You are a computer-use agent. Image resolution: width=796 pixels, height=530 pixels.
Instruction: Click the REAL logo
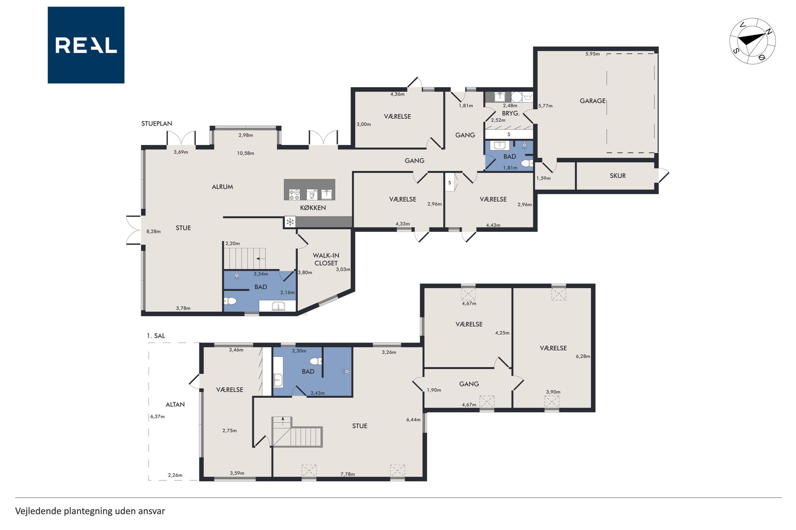tap(86, 45)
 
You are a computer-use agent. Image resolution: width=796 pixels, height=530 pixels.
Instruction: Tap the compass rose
tap(752, 41)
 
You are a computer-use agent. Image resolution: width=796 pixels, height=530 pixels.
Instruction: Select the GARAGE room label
tap(592, 101)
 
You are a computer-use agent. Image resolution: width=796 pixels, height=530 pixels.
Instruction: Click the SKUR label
tap(618, 176)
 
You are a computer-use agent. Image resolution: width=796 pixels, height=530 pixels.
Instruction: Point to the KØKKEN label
tap(313, 208)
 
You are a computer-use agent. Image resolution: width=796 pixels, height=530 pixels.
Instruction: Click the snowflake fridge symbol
tap(290, 222)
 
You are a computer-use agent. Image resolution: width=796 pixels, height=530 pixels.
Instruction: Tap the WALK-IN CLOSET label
tap(326, 259)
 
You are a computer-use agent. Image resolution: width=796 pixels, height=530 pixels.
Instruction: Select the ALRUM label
tap(222, 187)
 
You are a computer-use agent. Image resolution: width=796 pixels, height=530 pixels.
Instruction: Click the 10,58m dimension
tap(245, 153)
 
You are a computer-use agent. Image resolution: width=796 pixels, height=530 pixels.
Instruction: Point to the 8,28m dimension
tap(153, 232)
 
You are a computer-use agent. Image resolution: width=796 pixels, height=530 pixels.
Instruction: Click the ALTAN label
tap(175, 404)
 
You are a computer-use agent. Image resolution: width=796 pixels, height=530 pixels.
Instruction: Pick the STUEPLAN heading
tap(157, 124)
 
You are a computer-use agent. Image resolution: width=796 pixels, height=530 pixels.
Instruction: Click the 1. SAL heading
tap(156, 335)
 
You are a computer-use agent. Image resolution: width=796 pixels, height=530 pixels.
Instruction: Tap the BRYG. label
tap(510, 113)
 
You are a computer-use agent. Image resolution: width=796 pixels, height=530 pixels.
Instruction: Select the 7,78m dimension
tap(347, 474)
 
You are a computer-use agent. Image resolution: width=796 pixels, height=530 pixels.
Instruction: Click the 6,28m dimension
tap(583, 356)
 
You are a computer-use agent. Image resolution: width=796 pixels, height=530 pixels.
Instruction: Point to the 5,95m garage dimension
tap(592, 54)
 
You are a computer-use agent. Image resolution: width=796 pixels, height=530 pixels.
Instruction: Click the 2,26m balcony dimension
tap(175, 475)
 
